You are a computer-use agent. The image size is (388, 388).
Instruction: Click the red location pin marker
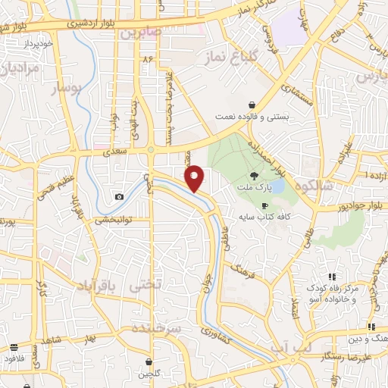(196, 178)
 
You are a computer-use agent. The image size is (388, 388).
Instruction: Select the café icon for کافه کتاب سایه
(264, 205)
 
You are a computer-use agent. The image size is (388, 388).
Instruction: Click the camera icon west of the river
(120, 197)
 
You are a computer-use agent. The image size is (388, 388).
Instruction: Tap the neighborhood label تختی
(145, 284)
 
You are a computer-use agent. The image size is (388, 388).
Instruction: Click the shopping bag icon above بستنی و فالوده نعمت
(252, 105)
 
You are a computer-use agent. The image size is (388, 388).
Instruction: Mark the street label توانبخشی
(113, 220)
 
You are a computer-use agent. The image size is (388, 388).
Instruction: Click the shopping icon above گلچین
(149, 361)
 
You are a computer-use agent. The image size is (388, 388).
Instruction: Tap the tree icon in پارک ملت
(253, 174)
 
